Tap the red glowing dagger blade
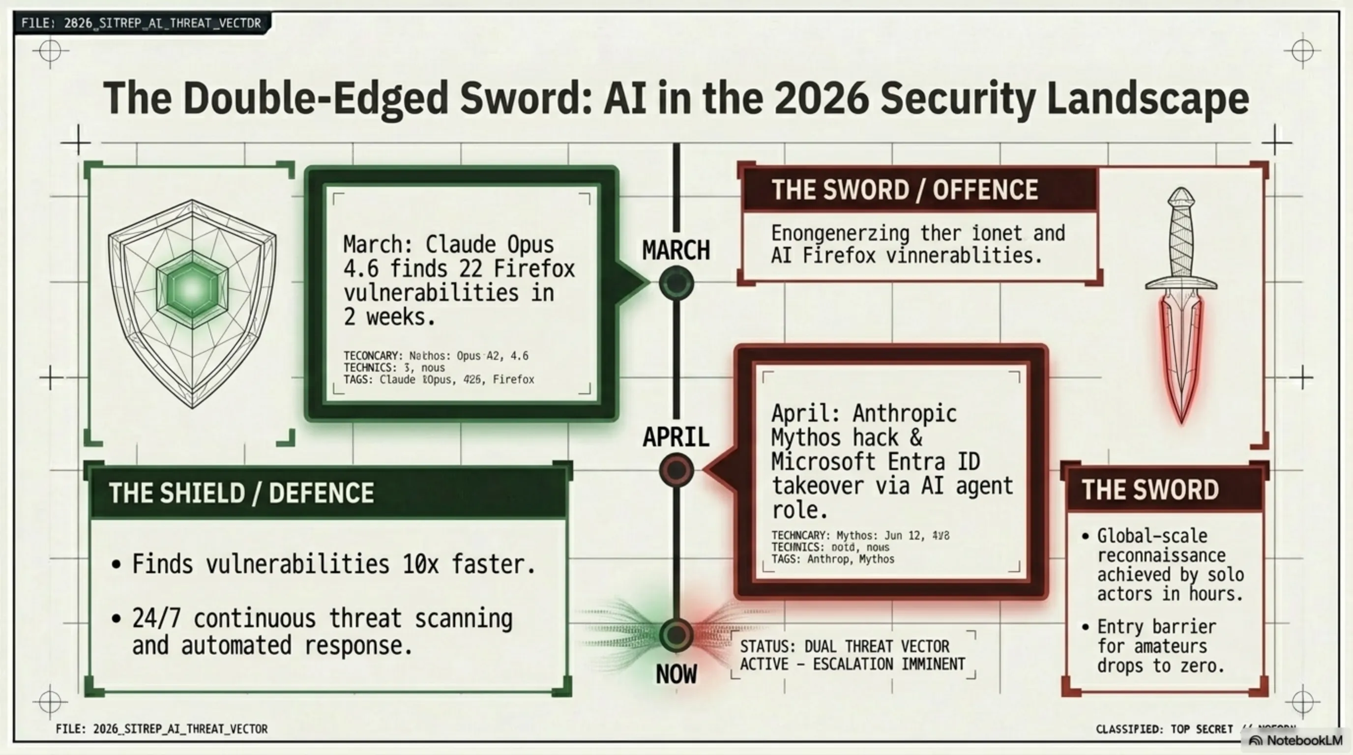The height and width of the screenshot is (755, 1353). point(1181,357)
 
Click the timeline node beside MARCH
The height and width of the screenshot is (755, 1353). point(676,283)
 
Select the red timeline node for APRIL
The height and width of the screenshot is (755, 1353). point(676,469)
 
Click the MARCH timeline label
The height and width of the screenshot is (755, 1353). point(676,251)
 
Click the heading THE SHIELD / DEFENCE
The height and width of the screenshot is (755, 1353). point(241,493)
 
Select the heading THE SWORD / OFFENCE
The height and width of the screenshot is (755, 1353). point(905,190)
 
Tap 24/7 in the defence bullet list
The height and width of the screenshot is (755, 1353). point(156,618)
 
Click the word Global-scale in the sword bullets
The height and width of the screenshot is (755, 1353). point(1152,536)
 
